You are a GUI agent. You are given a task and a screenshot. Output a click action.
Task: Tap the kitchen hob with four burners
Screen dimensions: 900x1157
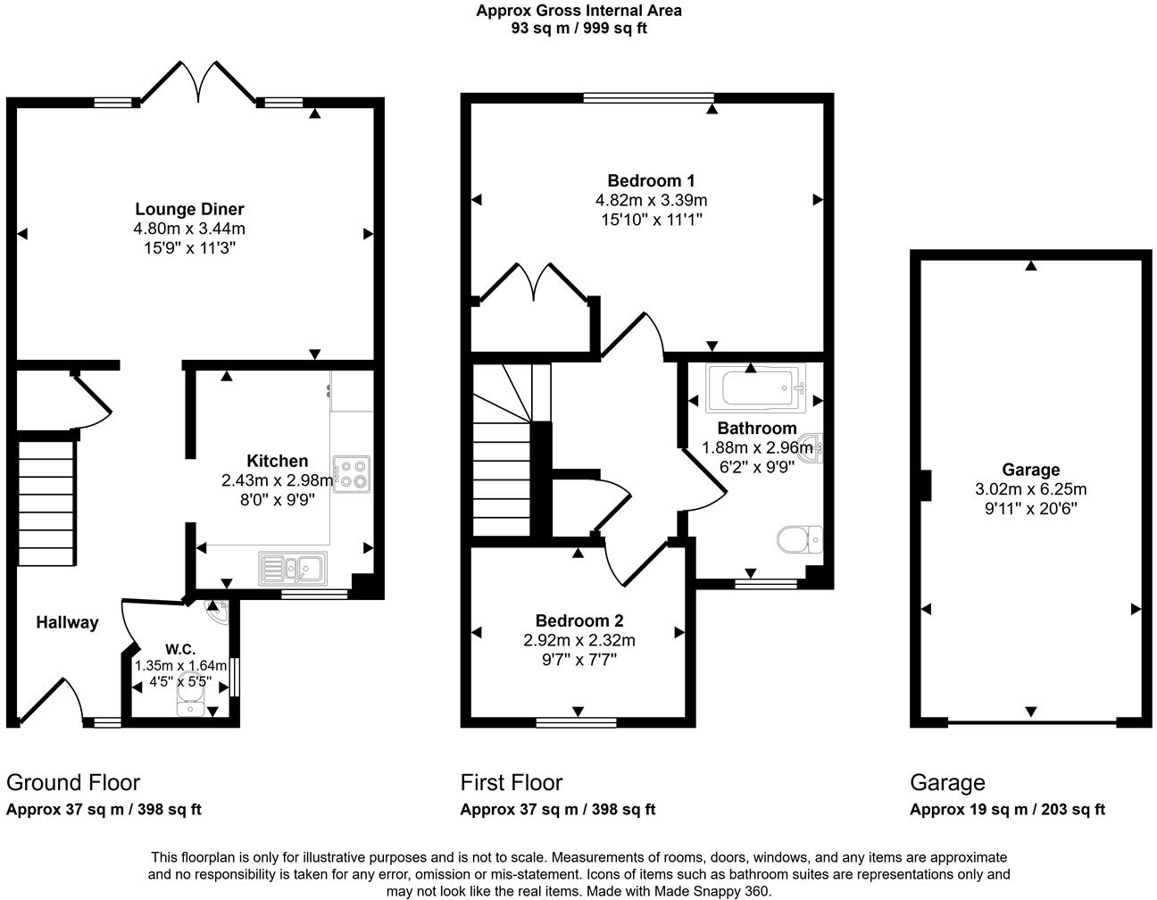352,474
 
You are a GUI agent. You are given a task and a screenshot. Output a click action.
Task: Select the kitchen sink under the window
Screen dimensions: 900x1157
294,567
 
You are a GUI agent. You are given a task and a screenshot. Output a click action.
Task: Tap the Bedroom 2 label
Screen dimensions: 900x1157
579,621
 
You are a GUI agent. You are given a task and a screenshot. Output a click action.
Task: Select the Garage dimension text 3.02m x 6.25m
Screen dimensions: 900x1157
1031,489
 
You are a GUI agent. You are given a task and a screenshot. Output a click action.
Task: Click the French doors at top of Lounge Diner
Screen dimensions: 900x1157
198,83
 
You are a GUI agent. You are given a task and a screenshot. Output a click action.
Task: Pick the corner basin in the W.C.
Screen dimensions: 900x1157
217,612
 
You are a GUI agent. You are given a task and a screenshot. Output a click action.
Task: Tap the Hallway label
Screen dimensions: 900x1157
67,622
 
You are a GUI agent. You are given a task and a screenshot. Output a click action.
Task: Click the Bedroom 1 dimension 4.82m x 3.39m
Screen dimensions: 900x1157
651,200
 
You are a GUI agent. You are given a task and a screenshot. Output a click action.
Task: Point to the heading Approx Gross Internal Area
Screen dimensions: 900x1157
578,11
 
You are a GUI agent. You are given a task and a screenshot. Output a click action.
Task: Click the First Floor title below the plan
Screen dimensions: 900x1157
512,783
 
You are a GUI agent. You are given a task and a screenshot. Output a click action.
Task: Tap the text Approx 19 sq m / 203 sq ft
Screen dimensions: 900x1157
1007,810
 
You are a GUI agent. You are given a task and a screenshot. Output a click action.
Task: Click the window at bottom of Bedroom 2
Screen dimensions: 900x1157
576,722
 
